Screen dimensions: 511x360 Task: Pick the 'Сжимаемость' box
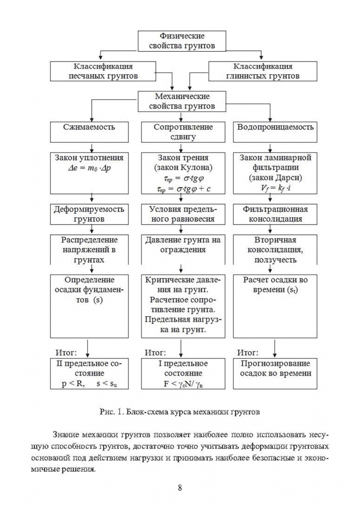[89, 132]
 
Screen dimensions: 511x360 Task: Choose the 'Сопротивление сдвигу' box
[180, 132]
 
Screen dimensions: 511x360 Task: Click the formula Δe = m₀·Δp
[89, 168]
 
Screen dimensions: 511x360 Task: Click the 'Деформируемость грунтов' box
[89, 214]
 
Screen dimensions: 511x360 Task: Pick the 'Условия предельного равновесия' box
[180, 214]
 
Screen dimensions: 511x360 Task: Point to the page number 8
[180, 488]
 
